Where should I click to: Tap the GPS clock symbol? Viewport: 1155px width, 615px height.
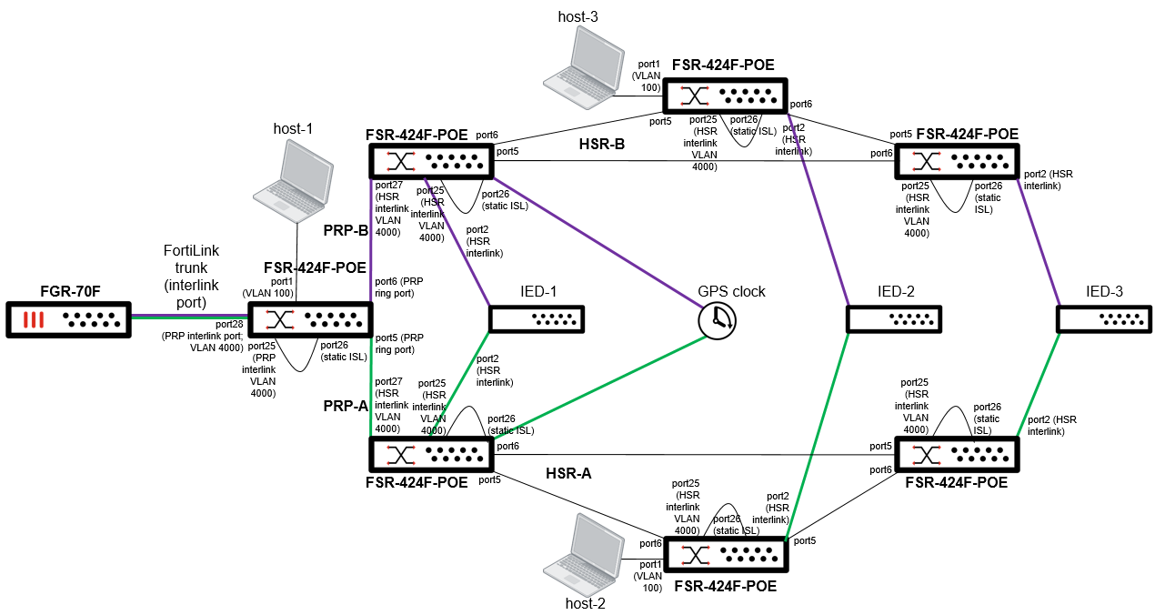[718, 319]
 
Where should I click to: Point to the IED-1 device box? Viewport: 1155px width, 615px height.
[537, 319]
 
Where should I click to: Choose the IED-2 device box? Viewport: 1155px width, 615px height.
[893, 319]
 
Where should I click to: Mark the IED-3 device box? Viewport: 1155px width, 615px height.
[1102, 319]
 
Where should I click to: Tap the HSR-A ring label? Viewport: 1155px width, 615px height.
[571, 473]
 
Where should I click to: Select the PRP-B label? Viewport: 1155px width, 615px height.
[345, 231]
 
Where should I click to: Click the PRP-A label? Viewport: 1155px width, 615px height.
[345, 406]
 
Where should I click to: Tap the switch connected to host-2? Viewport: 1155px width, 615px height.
[726, 554]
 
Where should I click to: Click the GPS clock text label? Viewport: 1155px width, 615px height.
[731, 292]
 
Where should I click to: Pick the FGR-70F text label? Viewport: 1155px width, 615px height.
[70, 292]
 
